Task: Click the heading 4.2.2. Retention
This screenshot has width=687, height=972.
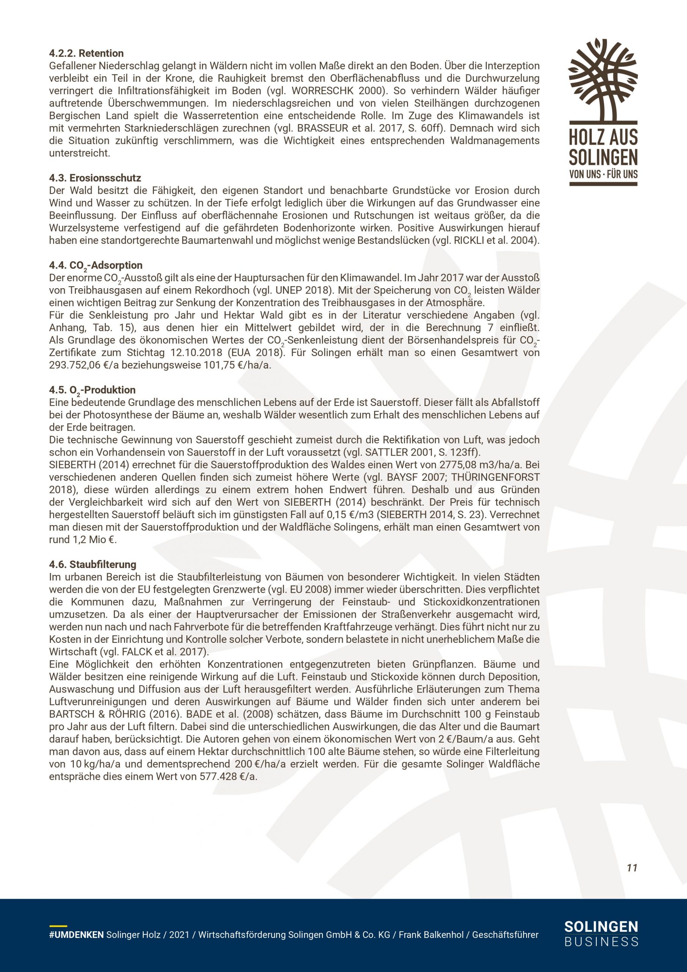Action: (x=86, y=53)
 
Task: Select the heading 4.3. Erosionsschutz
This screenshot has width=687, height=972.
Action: (x=95, y=178)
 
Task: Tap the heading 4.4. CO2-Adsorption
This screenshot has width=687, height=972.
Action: (x=96, y=265)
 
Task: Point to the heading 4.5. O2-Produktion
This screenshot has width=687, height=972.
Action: (x=92, y=390)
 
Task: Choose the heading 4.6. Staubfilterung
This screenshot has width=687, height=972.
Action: (x=93, y=564)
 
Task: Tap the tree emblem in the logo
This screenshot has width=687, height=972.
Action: (x=603, y=80)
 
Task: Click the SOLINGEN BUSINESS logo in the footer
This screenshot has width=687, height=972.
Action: (x=601, y=933)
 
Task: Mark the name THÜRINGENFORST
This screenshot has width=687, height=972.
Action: (x=495, y=477)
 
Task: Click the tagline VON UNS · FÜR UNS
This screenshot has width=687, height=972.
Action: (x=603, y=174)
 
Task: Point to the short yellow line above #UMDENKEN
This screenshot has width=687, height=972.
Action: (x=58, y=926)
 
